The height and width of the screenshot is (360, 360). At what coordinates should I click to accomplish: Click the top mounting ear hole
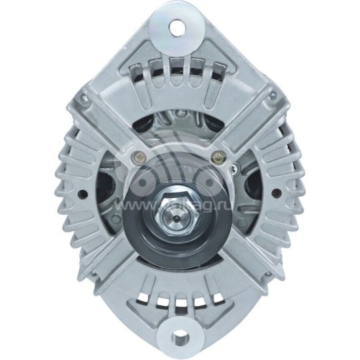[x=179, y=26]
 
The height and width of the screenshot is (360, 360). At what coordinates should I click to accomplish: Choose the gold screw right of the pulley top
[x=215, y=158]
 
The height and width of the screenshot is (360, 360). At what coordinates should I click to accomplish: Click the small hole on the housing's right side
[x=276, y=195]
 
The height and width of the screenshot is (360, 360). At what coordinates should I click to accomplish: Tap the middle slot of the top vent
[x=177, y=67]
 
